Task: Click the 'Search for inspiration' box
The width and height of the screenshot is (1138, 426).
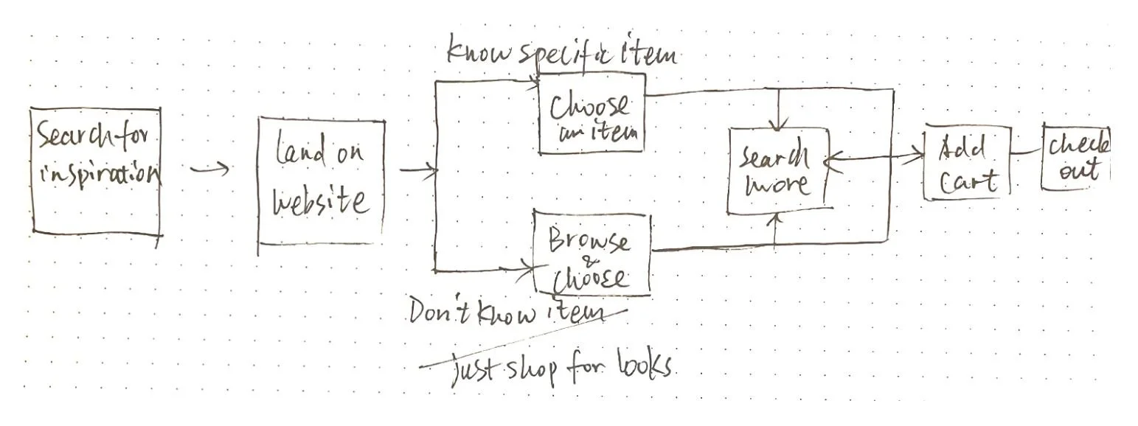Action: [96, 171]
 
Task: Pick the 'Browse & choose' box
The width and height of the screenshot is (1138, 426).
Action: [591, 255]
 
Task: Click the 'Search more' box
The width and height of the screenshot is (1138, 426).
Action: [777, 171]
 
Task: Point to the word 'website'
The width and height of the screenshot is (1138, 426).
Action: [321, 201]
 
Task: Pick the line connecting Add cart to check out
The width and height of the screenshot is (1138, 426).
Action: [1026, 153]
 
